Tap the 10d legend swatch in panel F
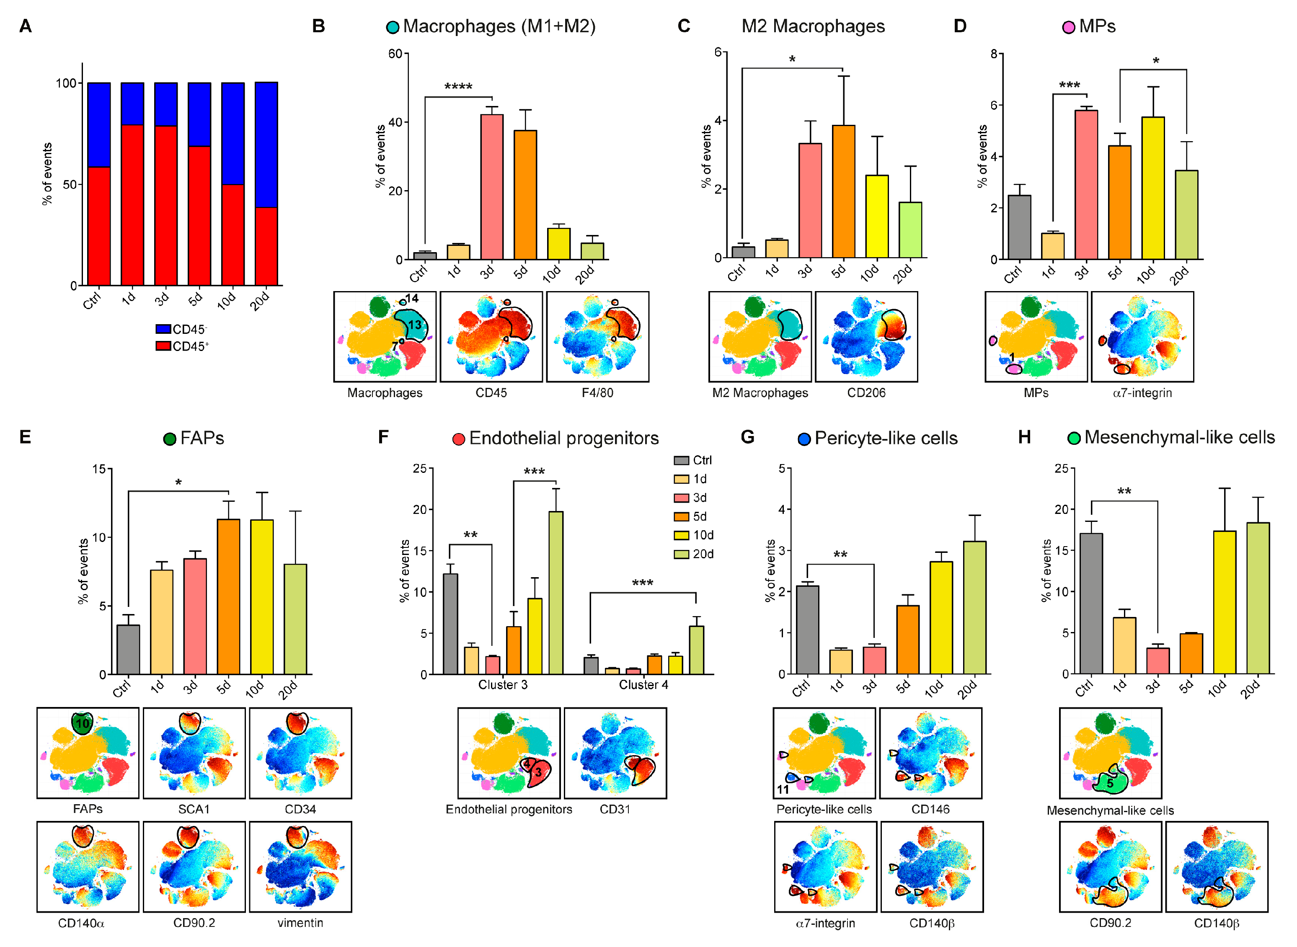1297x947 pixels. tap(681, 535)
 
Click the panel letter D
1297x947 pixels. tap(960, 26)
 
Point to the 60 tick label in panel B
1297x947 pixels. tap(395, 54)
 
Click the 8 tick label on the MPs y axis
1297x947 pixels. tap(994, 54)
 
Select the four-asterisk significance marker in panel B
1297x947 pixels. tap(458, 87)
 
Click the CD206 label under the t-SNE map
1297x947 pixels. tap(866, 393)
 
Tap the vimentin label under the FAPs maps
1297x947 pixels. tap(300, 923)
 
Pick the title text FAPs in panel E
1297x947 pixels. tap(202, 439)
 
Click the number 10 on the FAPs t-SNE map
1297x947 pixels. tap(83, 723)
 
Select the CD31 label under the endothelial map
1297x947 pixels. tap(615, 810)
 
